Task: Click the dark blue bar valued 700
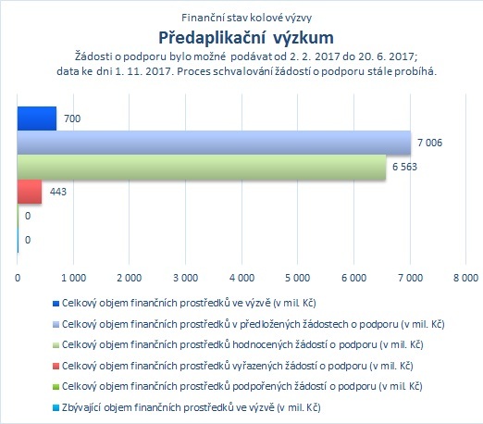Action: [x=37, y=118]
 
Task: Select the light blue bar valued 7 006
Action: [x=214, y=143]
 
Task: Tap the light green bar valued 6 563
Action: [x=202, y=167]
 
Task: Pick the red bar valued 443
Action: [x=30, y=192]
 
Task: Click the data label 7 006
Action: [x=429, y=143]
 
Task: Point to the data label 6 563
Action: [x=404, y=167]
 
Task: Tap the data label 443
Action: [x=58, y=192]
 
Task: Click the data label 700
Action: [x=72, y=118]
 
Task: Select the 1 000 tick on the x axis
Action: [x=73, y=278]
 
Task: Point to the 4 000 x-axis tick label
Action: [x=241, y=278]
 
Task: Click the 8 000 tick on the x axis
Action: [x=465, y=278]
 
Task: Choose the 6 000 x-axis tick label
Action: [x=353, y=278]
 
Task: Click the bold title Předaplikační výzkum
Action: [x=246, y=38]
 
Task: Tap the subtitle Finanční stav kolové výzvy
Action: [x=246, y=18]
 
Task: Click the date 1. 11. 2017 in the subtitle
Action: [x=143, y=71]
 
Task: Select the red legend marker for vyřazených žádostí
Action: [x=56, y=366]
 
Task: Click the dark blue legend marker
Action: [x=56, y=304]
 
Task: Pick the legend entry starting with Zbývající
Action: [x=192, y=407]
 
